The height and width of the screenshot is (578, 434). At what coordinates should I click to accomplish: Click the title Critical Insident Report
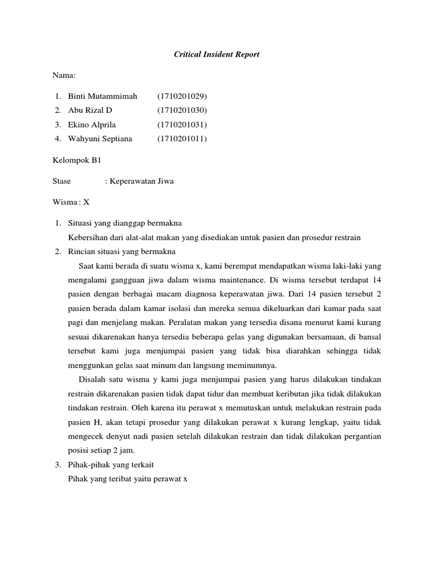(216, 55)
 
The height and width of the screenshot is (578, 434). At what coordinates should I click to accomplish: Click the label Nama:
(64, 75)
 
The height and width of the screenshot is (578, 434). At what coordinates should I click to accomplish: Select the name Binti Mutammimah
(102, 97)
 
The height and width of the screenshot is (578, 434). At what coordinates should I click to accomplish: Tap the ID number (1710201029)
(182, 97)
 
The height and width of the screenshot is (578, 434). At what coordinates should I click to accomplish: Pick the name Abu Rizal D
(90, 110)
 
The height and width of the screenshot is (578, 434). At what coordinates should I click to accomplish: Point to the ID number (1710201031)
(182, 124)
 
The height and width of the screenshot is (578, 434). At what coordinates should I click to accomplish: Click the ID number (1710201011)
(182, 138)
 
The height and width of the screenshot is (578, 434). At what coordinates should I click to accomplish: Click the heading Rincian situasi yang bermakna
(122, 251)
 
